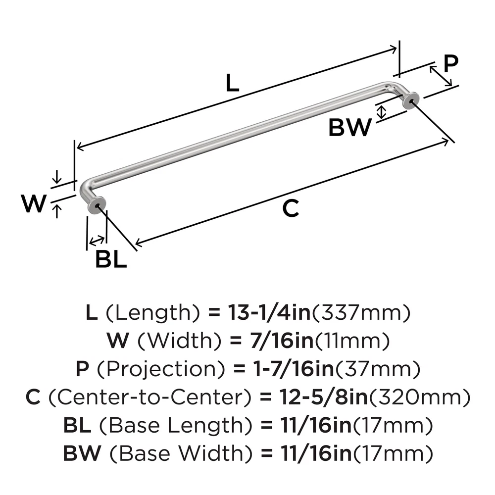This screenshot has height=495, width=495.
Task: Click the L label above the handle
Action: (x=232, y=83)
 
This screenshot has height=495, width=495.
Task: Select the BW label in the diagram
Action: (x=349, y=128)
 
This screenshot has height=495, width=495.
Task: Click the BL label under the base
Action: (x=110, y=259)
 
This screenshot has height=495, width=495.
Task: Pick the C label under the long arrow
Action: (x=291, y=209)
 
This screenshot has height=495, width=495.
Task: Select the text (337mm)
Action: (x=363, y=312)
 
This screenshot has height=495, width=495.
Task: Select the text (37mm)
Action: (x=380, y=369)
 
